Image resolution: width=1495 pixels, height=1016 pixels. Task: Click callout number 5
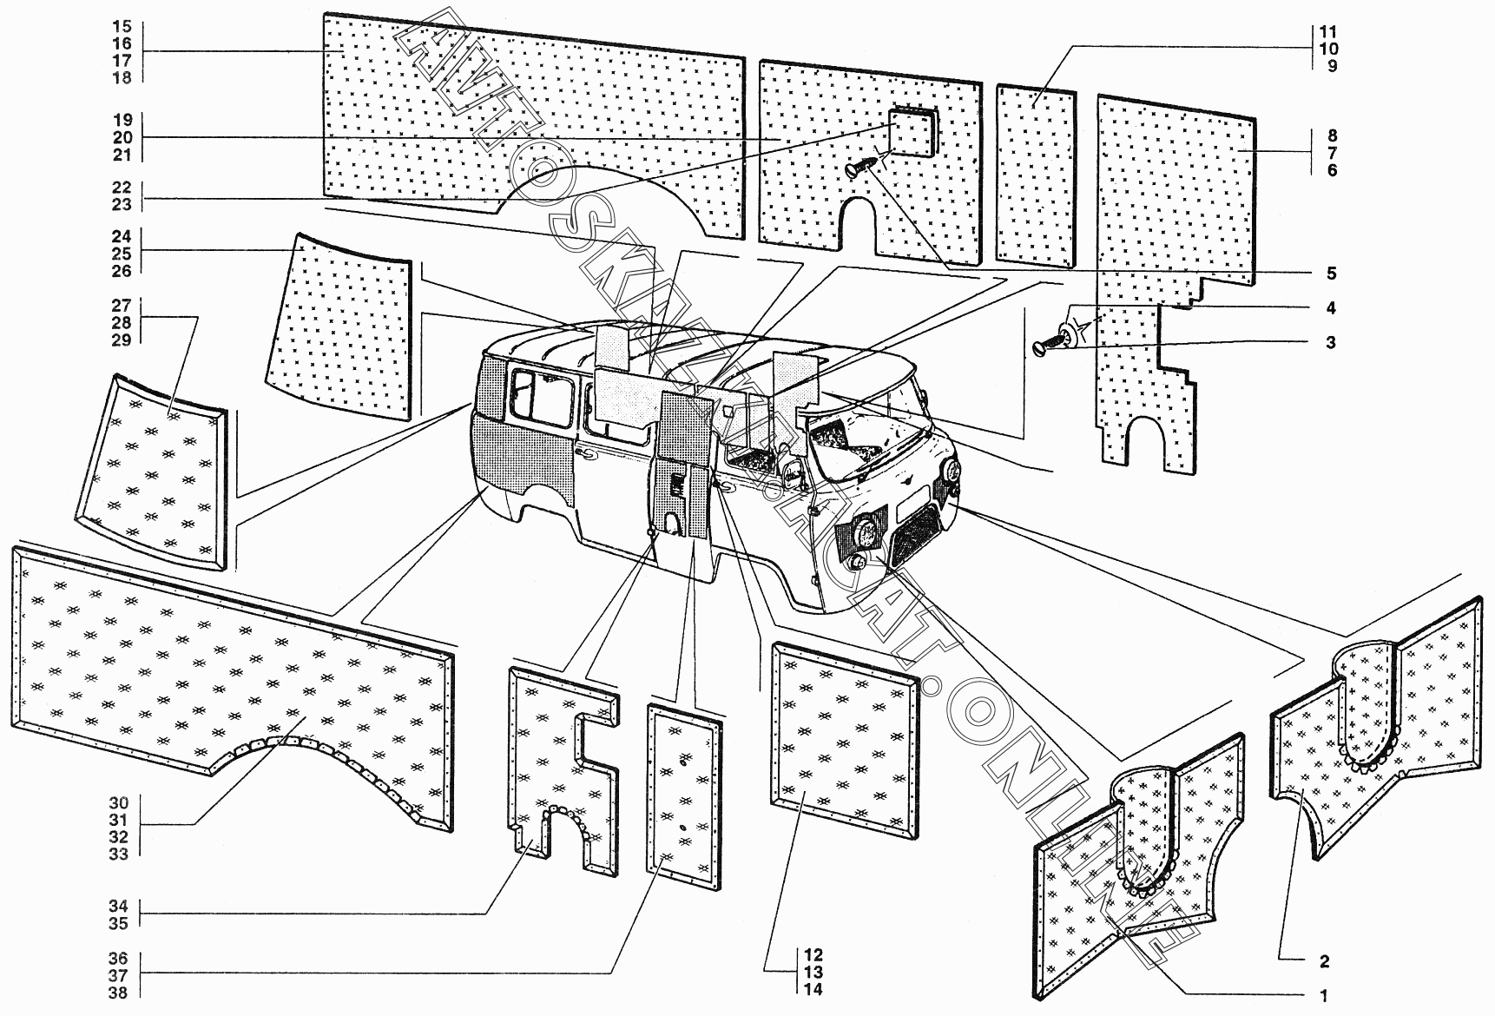1330,274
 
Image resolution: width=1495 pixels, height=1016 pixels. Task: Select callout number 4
1330,308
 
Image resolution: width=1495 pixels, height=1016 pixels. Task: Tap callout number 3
1330,342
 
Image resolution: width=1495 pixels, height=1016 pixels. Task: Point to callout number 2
1324,961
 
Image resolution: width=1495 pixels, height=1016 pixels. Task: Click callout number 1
1324,996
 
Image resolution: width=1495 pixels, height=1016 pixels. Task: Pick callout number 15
122,27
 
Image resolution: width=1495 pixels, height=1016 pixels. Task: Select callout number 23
122,204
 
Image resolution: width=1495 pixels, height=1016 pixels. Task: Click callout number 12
813,955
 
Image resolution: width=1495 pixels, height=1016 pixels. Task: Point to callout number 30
119,803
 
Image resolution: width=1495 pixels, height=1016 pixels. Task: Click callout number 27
121,306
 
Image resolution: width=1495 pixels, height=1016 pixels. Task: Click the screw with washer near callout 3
1057,340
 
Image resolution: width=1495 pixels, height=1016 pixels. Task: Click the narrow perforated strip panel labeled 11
1036,176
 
